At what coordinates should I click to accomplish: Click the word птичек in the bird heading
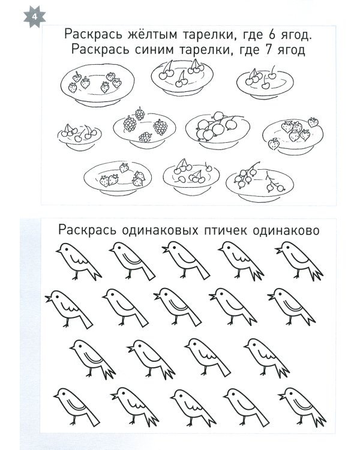pos(233,230)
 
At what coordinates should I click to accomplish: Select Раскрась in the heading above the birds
pos(83,230)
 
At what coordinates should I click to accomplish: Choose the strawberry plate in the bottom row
pos(120,176)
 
